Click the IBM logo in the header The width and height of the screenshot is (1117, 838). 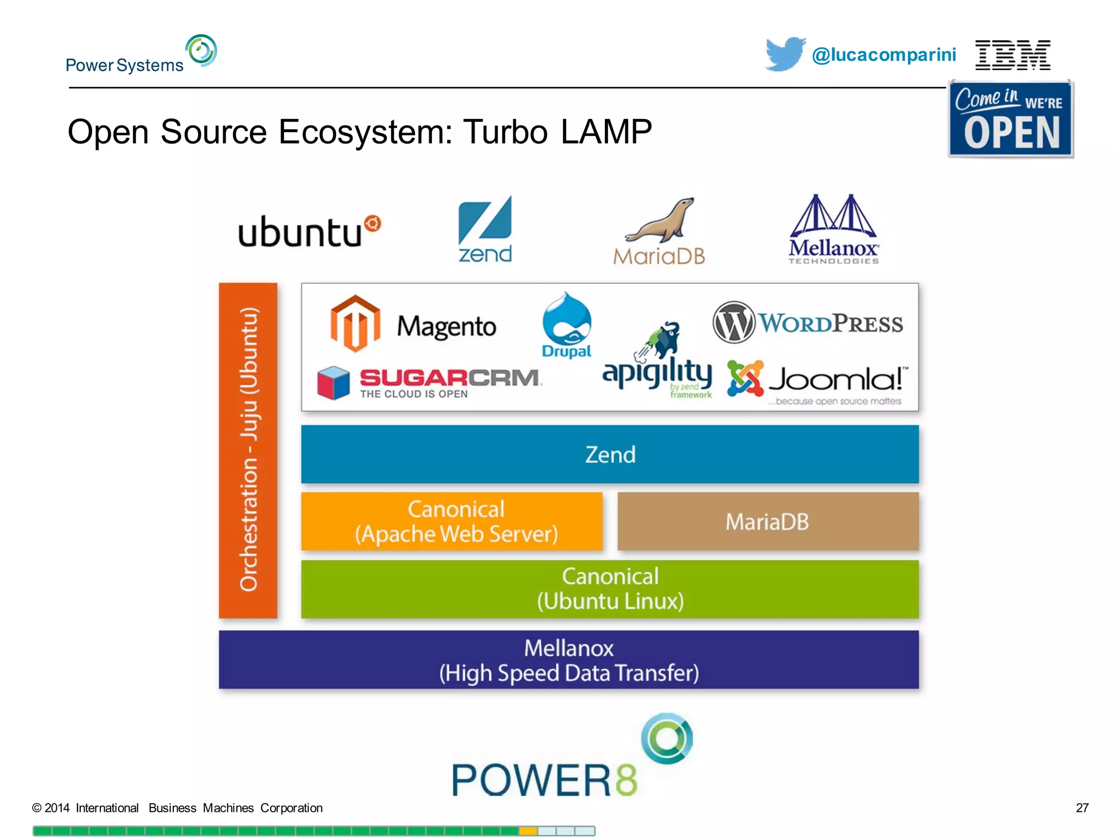pyautogui.click(x=1012, y=55)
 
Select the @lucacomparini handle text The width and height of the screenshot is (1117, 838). pyautogui.click(x=884, y=55)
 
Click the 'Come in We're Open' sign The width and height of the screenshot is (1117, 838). pyautogui.click(x=1011, y=119)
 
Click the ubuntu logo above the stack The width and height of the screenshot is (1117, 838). pyautogui.click(x=309, y=231)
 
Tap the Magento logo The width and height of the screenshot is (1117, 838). pyautogui.click(x=413, y=325)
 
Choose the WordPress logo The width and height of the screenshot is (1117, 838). pyautogui.click(x=808, y=322)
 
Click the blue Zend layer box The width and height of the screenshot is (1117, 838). pyautogui.click(x=610, y=454)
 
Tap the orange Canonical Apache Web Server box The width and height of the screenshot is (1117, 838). pyautogui.click(x=452, y=522)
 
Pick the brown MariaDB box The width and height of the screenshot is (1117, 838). pyautogui.click(x=767, y=522)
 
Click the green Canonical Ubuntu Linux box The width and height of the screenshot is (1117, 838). pyautogui.click(x=610, y=589)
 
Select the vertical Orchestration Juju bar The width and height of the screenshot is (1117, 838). pyautogui.click(x=248, y=450)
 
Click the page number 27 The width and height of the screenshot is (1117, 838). pyautogui.click(x=1082, y=808)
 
